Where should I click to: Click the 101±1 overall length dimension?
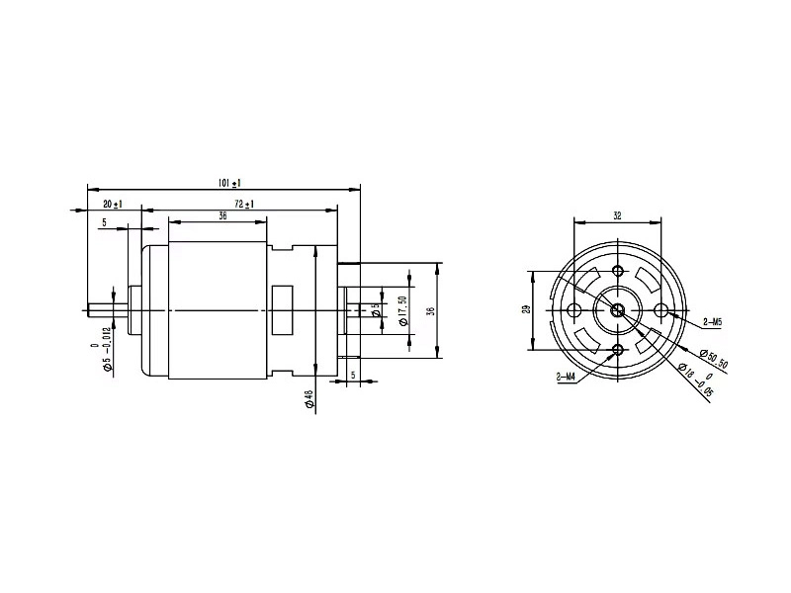tap(230, 183)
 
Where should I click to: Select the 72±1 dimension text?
tap(243, 204)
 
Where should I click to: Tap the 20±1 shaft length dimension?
tap(112, 204)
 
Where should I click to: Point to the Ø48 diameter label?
tap(308, 399)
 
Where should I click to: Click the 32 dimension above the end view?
tap(617, 214)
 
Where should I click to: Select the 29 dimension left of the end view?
tap(527, 310)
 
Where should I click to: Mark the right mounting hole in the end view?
tap(661, 310)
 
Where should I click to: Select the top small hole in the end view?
tap(618, 271)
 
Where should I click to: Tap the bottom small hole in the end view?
tap(618, 350)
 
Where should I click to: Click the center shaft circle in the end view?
tap(618, 310)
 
